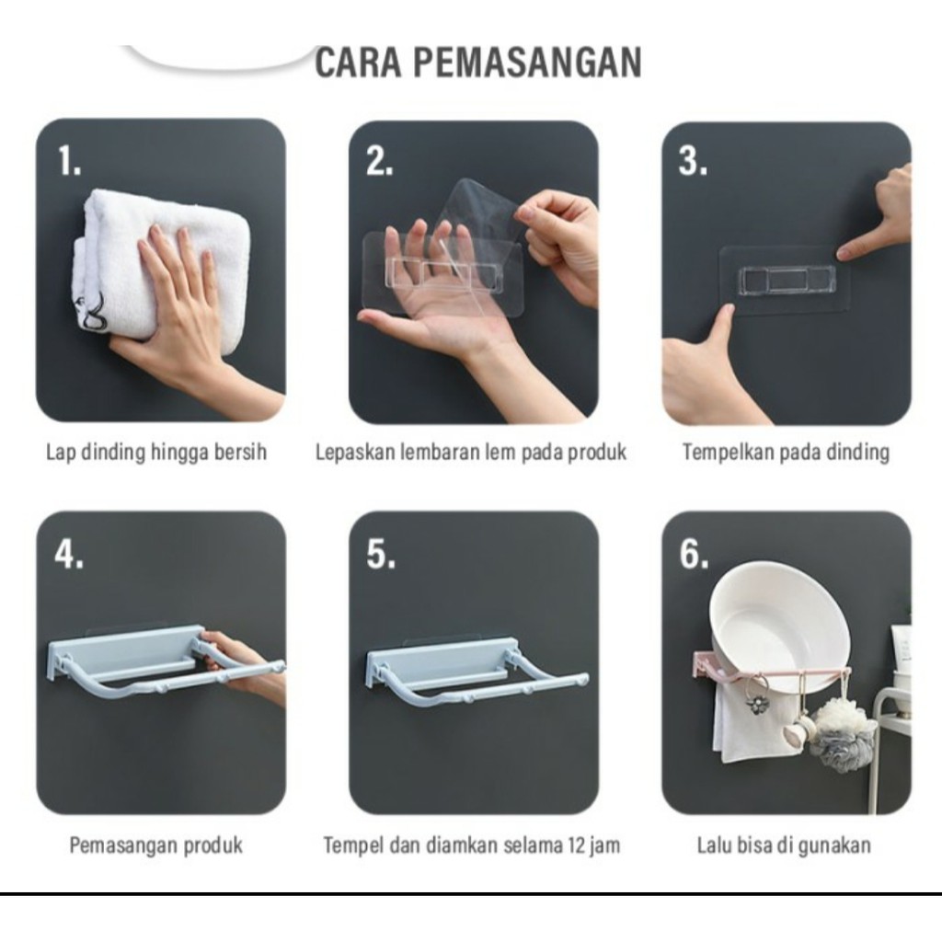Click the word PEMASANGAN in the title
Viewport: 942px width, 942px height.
528,62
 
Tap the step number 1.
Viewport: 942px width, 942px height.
69,161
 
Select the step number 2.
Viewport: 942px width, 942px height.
379,161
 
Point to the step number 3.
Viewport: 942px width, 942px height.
692,161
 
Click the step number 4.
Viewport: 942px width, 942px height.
68,554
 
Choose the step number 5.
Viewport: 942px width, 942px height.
381,554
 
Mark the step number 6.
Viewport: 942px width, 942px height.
694,554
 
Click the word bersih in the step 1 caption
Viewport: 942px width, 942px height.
240,452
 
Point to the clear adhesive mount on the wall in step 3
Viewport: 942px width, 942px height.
786,280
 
